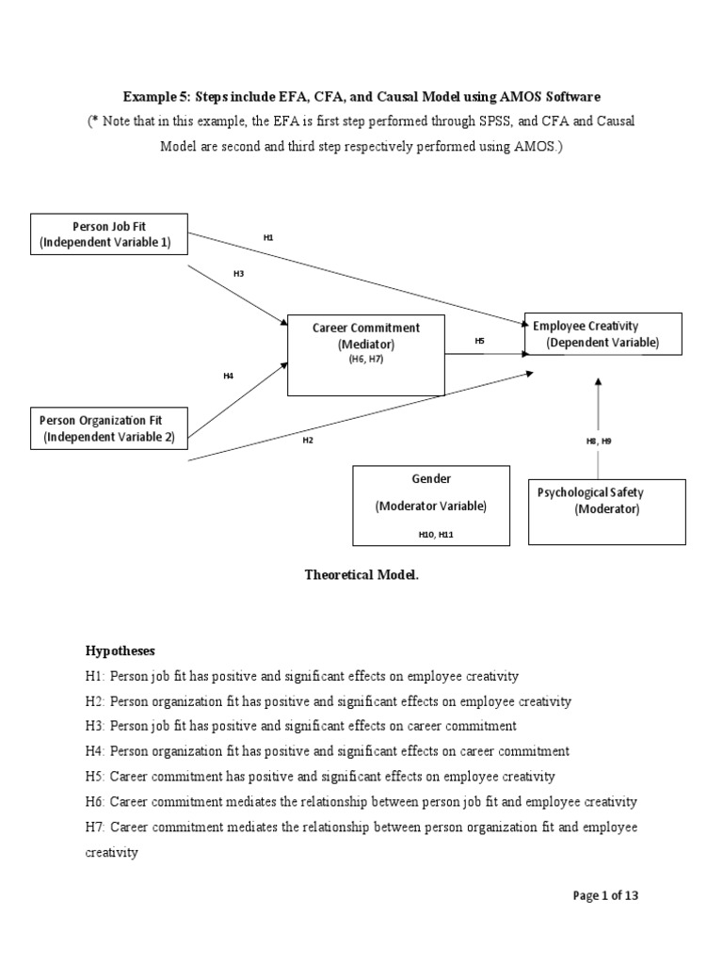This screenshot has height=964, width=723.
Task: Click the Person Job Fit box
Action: click(109, 234)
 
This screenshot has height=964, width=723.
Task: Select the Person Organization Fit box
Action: click(109, 428)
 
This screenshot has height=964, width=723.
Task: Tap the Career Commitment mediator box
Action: click(365, 354)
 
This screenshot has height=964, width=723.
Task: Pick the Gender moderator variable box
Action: click(431, 505)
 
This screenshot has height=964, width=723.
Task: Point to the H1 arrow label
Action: click(268, 238)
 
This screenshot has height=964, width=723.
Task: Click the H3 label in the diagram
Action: click(238, 274)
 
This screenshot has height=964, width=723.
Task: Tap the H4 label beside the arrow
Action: click(228, 376)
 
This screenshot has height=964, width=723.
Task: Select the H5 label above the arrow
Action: click(479, 342)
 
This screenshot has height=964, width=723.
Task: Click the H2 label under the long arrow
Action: click(307, 440)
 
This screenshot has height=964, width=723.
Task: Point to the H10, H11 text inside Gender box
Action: click(430, 534)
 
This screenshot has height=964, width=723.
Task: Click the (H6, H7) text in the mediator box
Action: click(365, 361)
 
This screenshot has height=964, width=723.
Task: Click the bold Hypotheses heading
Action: click(120, 651)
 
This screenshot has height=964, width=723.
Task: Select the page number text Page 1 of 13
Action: click(605, 895)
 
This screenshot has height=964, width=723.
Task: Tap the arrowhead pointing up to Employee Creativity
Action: click(598, 382)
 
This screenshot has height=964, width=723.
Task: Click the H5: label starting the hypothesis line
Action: click(96, 777)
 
